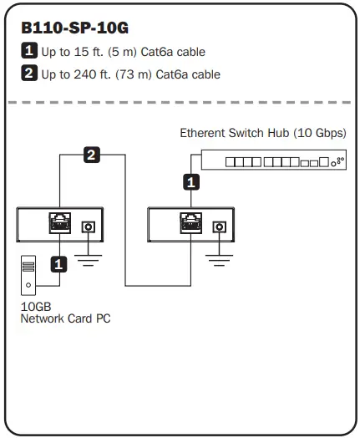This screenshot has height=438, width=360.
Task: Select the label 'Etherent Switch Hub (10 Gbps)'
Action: coord(263,133)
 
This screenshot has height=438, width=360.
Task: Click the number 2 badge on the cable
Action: coord(90,154)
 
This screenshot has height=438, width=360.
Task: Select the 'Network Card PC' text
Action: coord(65,318)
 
